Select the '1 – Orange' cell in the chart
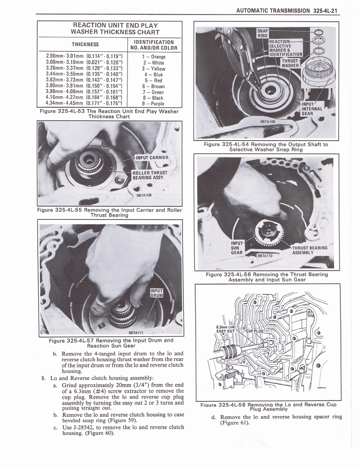154,57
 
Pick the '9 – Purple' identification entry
154,103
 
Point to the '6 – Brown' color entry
154,86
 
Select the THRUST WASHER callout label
290,63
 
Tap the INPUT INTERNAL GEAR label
313,109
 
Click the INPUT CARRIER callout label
152,158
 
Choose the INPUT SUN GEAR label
237,248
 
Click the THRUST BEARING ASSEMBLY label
310,250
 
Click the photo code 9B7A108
267,122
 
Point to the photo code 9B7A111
136,333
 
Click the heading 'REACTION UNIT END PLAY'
109,25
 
